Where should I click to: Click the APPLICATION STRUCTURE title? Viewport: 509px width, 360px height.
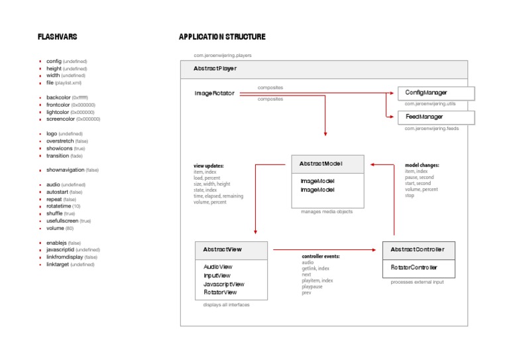coord(222,37)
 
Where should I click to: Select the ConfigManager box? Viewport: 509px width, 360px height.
coord(436,93)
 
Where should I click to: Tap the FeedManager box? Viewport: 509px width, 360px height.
coord(436,117)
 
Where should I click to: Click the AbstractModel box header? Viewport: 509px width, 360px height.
coord(327,163)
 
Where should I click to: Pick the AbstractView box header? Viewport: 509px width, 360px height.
coord(231,250)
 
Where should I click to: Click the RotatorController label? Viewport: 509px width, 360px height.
coord(414,267)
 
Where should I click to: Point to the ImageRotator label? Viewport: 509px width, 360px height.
coord(214,93)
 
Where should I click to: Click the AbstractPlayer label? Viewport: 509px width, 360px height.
coord(215,69)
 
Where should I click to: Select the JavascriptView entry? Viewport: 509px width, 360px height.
coord(224,284)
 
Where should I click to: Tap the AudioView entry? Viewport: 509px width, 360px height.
coord(218,267)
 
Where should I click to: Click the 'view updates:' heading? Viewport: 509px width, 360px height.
coord(208,166)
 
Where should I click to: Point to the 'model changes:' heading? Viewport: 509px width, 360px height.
coord(422,165)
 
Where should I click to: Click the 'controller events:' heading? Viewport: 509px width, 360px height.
coord(321,257)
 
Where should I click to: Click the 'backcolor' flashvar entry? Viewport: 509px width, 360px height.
coord(58,97)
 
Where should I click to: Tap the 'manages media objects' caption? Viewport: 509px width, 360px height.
coord(327,211)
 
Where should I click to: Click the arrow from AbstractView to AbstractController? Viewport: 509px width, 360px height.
coord(325,250)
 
